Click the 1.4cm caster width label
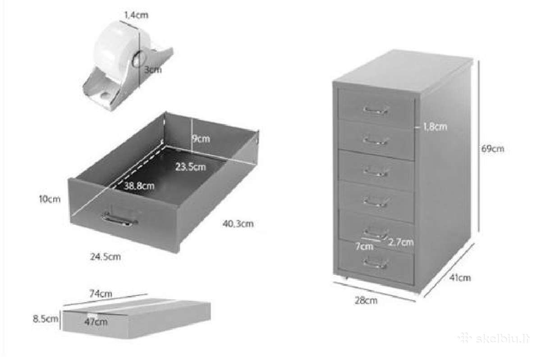pyautogui.click(x=136, y=15)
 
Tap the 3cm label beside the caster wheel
pyautogui.click(x=153, y=69)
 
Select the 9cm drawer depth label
pyautogui.click(x=201, y=139)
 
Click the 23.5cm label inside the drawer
pyautogui.click(x=191, y=167)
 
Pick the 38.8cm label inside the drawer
pyautogui.click(x=139, y=186)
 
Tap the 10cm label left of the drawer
pyautogui.click(x=50, y=199)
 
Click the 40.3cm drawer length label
pyautogui.click(x=238, y=224)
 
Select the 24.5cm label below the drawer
pyautogui.click(x=105, y=257)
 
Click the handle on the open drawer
pyautogui.click(x=119, y=219)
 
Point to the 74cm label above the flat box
pyautogui.click(x=101, y=294)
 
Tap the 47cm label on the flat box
pyautogui.click(x=96, y=322)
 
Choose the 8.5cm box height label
pyautogui.click(x=46, y=319)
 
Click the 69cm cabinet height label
pyautogui.click(x=493, y=149)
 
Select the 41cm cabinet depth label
pyautogui.click(x=460, y=278)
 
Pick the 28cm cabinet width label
pyautogui.click(x=366, y=301)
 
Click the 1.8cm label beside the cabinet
pyautogui.click(x=435, y=127)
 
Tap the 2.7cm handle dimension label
pyautogui.click(x=401, y=242)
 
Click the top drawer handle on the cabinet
pyautogui.click(x=375, y=110)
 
